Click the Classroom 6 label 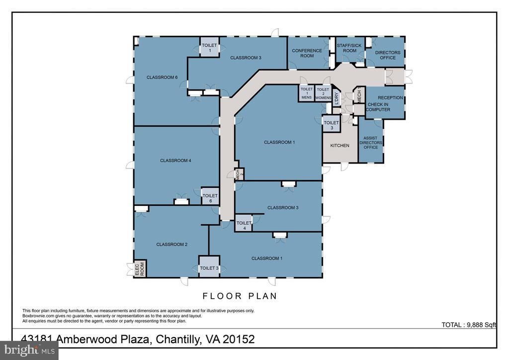coord(162,77)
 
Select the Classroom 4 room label coord(175,161)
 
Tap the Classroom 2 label coord(171,245)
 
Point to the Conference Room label coord(307,53)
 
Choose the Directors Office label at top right coord(388,55)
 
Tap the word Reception coord(390,97)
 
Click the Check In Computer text coord(378,107)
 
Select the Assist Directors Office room coord(371,140)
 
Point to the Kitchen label coord(339,145)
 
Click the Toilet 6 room coord(210,196)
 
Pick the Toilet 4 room coord(244,223)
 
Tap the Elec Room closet coord(140,269)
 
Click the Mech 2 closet coord(239,175)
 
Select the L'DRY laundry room coord(337,97)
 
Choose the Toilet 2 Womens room coord(323,93)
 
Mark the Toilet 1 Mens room coord(306,93)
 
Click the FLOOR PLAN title coord(240,296)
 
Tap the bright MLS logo coord(29,350)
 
